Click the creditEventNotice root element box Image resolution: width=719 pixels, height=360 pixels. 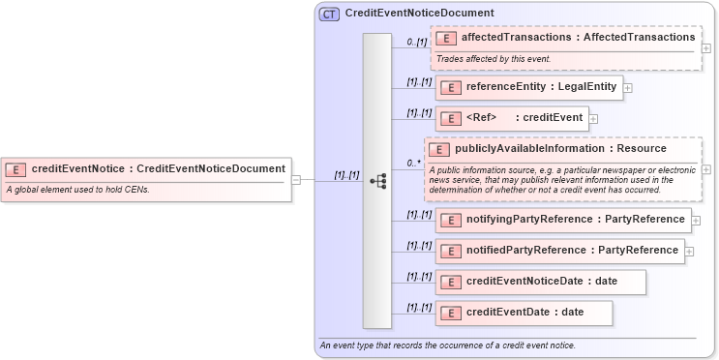tap(145, 169)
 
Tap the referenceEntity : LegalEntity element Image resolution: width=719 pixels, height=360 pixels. tap(528, 87)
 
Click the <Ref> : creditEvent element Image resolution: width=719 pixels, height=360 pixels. tap(512, 118)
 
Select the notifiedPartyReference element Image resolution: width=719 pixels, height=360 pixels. tap(559, 251)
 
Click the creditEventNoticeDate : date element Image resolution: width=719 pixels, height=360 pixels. tap(541, 282)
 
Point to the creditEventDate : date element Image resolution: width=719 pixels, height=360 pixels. tap(524, 313)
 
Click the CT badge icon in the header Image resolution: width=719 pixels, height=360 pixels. tap(329, 14)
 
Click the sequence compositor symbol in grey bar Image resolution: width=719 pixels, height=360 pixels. tap(378, 180)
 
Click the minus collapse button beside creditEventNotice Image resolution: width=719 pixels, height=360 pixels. tap(296, 179)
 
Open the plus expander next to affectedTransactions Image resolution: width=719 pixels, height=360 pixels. tap(706, 47)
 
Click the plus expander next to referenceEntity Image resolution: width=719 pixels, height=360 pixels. tap(628, 88)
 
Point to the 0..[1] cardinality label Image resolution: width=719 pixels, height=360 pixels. tap(416, 42)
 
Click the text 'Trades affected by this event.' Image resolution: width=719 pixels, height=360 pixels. tap(494, 59)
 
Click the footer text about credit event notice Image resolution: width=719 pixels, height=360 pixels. tap(447, 345)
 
